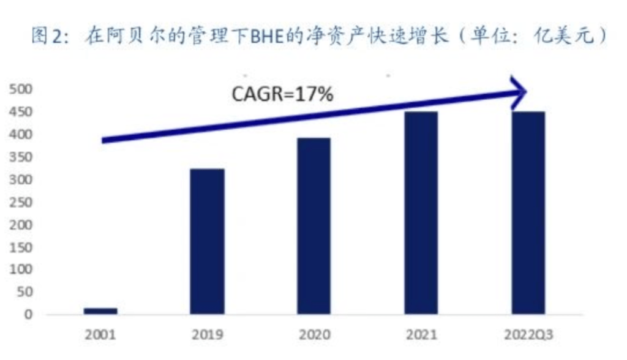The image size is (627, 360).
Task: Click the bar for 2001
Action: pyautogui.click(x=101, y=311)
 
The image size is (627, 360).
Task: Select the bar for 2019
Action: pyautogui.click(x=208, y=241)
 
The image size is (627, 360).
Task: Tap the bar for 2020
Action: pyautogui.click(x=314, y=226)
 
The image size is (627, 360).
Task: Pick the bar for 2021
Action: pyautogui.click(x=421, y=213)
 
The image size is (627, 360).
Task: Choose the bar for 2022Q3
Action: pyautogui.click(x=528, y=213)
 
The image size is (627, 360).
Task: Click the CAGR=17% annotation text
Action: pyautogui.click(x=282, y=96)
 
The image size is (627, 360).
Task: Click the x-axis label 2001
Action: pyautogui.click(x=101, y=335)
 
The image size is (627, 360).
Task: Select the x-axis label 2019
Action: pyautogui.click(x=208, y=335)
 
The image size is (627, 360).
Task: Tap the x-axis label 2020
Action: pyautogui.click(x=314, y=335)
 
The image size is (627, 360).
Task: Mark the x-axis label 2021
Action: pyautogui.click(x=421, y=335)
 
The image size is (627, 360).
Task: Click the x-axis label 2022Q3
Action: pyautogui.click(x=528, y=335)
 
